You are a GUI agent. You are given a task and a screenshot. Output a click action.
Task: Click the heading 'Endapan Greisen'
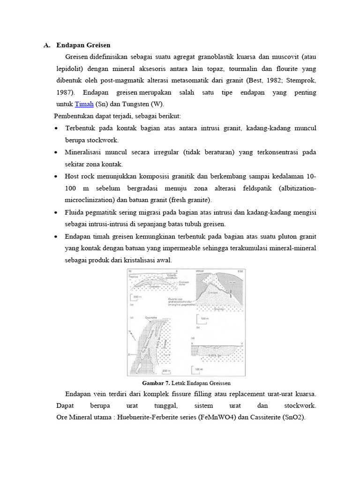pyautogui.click(x=83, y=45)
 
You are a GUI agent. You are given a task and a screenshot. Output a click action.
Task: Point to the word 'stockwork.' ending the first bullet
pyautogui.click(x=92, y=140)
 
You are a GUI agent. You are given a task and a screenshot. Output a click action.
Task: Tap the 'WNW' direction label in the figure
pyautogui.click(x=200, y=271)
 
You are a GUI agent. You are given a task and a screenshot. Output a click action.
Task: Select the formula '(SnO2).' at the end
pyautogui.click(x=294, y=417)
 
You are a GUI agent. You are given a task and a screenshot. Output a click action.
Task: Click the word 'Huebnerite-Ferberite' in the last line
pyautogui.click(x=149, y=417)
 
